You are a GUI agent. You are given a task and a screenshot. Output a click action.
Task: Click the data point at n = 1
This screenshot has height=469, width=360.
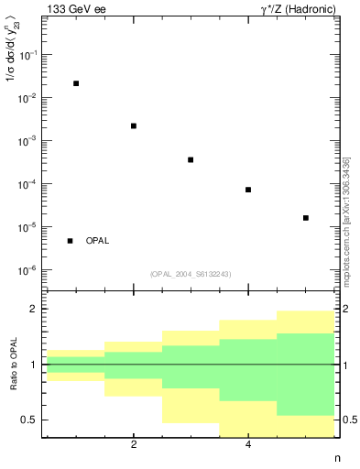pyautogui.click(x=76, y=83)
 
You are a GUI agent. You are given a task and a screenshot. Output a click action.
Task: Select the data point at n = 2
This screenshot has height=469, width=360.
pyautogui.click(x=134, y=125)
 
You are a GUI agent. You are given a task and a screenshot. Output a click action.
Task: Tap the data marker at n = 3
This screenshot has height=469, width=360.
pyautogui.click(x=191, y=159)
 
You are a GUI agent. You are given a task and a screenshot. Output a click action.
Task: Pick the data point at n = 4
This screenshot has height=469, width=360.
pyautogui.click(x=248, y=190)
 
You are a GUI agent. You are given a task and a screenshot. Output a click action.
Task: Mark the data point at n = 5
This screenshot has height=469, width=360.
pyautogui.click(x=305, y=218)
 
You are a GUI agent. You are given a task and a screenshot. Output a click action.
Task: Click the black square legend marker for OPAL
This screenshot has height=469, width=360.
pyautogui.click(x=70, y=241)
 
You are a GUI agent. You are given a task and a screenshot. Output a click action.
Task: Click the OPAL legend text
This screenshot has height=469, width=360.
pyautogui.click(x=97, y=241)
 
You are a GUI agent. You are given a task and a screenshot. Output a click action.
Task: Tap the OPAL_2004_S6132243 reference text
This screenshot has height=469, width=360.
pyautogui.click(x=191, y=273)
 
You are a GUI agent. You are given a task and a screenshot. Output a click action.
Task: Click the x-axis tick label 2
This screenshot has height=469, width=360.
pyautogui.click(x=134, y=445)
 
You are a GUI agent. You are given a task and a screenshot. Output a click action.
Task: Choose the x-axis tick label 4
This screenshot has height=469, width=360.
pyautogui.click(x=248, y=445)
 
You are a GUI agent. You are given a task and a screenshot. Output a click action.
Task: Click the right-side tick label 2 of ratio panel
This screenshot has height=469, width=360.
pyautogui.click(x=346, y=310)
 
